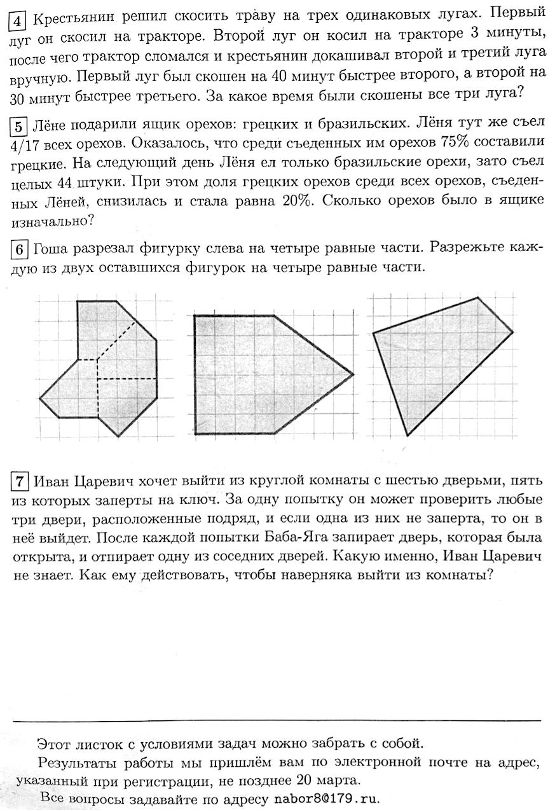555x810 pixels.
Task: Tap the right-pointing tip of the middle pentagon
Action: click(x=353, y=374)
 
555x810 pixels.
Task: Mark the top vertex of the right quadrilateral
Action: click(x=477, y=297)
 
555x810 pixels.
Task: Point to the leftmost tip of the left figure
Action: click(x=40, y=399)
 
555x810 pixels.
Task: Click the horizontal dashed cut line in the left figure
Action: click(x=127, y=379)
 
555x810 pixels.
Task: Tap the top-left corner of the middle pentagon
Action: click(x=195, y=315)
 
